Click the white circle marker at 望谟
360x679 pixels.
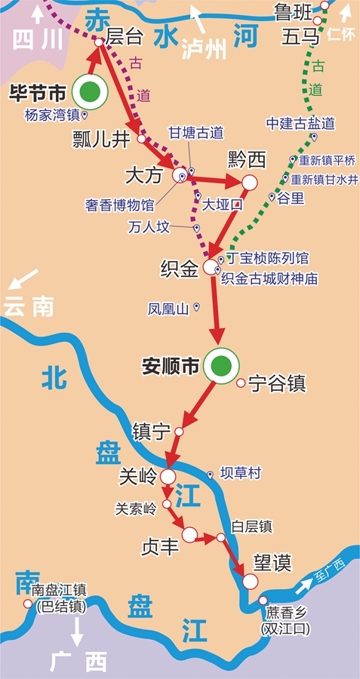pyautogui.click(x=250, y=580)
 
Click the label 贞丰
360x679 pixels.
pyautogui.click(x=160, y=546)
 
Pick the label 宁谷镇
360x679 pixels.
pyautogui.click(x=277, y=384)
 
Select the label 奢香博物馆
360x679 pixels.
pyautogui.click(x=119, y=204)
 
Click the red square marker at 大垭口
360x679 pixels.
pyautogui.click(x=238, y=204)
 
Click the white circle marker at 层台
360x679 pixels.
pyautogui.click(x=99, y=43)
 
